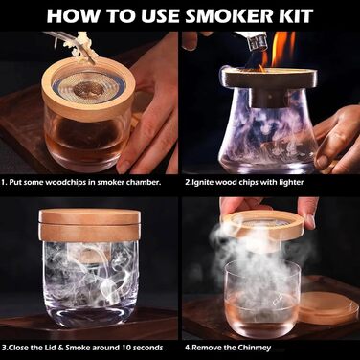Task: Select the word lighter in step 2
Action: point(291,183)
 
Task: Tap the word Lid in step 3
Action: point(52,348)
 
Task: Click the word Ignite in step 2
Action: point(200,183)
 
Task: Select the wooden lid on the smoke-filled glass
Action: point(89,225)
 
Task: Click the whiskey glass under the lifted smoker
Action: point(262,297)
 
